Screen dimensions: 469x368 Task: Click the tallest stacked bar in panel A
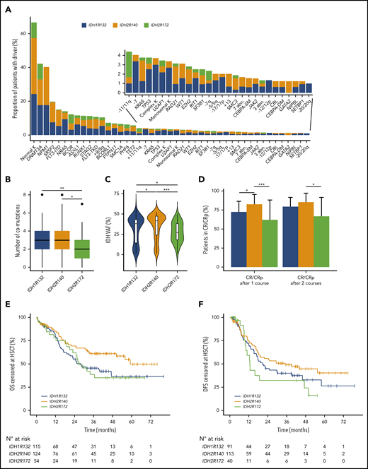coord(34,78)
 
